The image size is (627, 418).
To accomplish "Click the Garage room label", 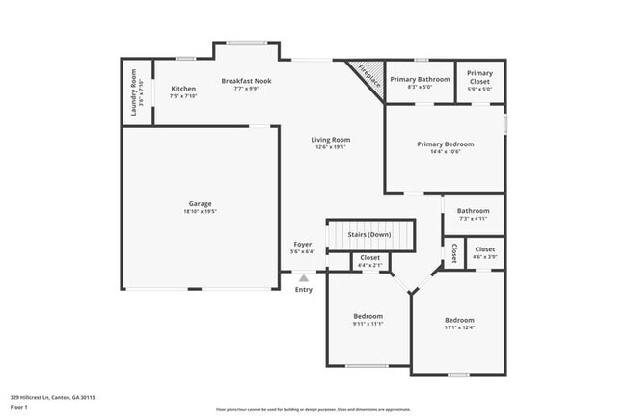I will [x=200, y=203].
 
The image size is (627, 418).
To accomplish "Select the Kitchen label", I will [x=183, y=88].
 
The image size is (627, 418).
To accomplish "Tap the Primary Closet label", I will [x=479, y=77].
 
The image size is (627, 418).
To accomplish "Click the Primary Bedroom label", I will [x=445, y=144].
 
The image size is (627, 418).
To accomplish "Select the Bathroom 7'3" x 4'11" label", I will [x=473, y=211].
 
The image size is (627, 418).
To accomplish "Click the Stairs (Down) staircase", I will [x=369, y=235].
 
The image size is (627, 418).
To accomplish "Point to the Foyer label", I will [x=302, y=245].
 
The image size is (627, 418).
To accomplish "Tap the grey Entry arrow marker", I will [x=303, y=277].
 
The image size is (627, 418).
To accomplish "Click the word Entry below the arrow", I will [x=303, y=289].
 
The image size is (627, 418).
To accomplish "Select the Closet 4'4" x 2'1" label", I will [x=369, y=258].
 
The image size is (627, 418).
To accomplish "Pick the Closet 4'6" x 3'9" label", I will [x=484, y=249].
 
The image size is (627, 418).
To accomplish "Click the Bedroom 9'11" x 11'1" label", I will [x=368, y=316].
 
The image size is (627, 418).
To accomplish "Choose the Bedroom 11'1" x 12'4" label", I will [x=459, y=320].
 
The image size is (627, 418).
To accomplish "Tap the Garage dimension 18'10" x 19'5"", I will [x=200, y=211].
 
